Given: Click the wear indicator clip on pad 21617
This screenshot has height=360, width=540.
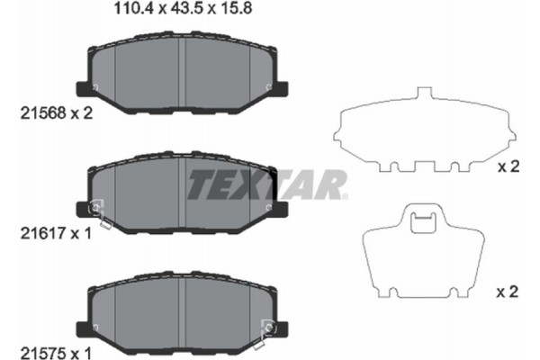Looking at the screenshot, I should tap(98, 212).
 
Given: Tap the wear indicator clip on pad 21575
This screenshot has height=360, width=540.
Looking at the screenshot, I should tap(266, 328).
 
